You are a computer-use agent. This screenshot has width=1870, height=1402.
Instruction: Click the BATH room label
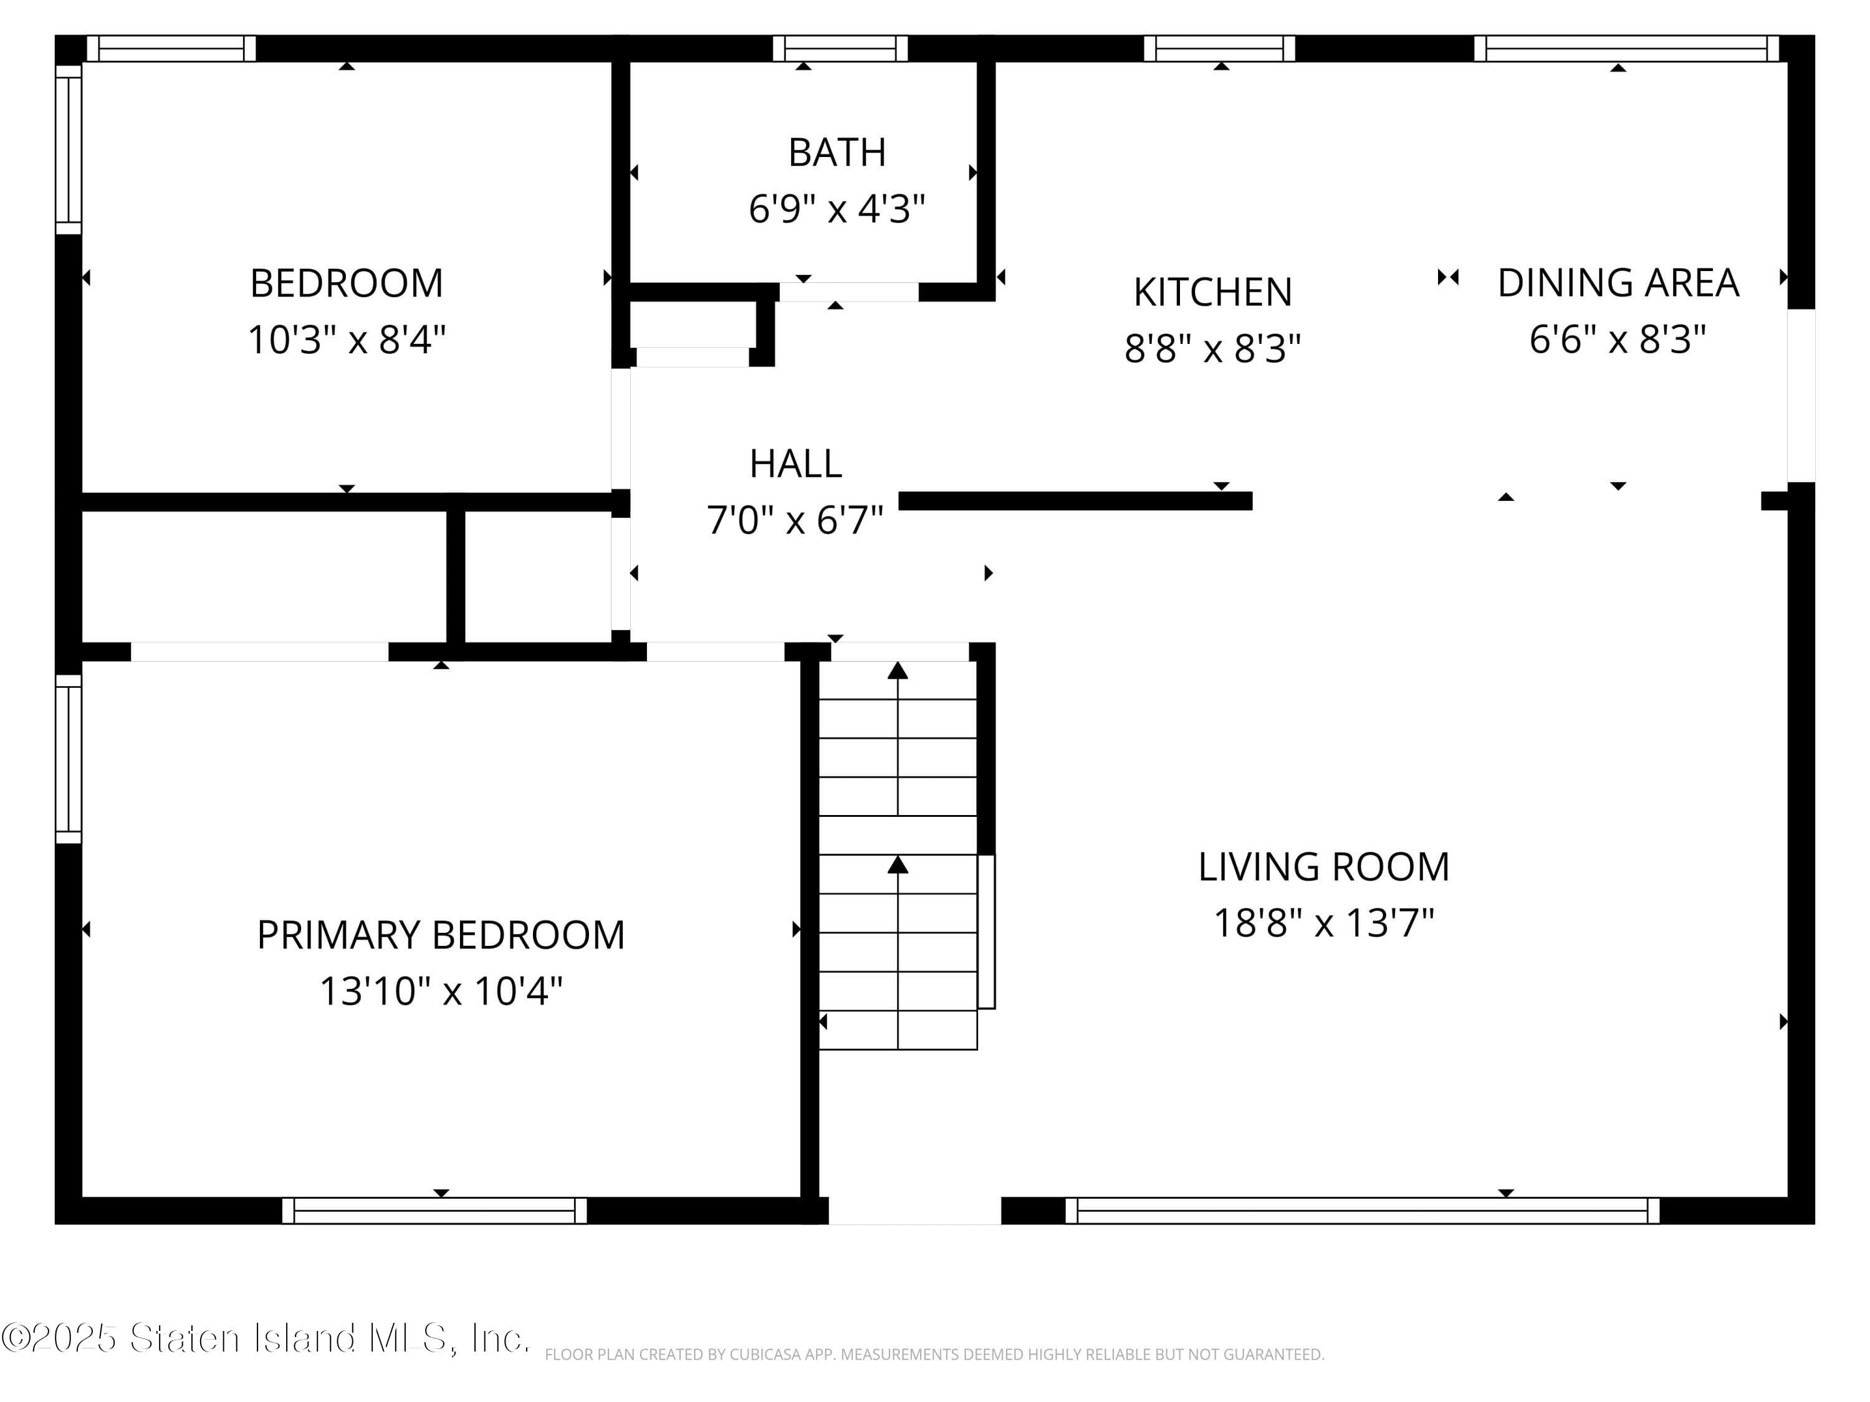click(x=837, y=153)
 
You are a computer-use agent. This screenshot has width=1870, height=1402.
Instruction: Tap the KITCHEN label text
click(x=1212, y=292)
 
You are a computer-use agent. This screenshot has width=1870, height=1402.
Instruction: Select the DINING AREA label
click(x=1618, y=283)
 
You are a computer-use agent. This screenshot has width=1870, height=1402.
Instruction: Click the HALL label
click(x=795, y=463)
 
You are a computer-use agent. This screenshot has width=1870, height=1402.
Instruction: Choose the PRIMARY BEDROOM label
click(x=441, y=935)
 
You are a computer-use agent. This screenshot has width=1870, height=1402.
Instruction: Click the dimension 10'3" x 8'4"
click(x=347, y=340)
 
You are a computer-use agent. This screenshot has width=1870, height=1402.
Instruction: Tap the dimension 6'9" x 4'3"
click(x=837, y=208)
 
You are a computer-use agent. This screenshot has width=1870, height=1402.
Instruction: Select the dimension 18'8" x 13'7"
click(x=1324, y=923)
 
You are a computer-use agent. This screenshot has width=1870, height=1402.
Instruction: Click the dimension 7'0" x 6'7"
click(x=795, y=520)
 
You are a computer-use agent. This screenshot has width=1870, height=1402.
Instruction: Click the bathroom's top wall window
click(x=840, y=48)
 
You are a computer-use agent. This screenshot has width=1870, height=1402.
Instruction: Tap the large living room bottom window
click(x=1362, y=1210)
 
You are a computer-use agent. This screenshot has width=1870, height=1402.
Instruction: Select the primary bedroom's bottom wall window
click(x=434, y=1210)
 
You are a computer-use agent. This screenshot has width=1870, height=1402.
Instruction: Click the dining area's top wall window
click(x=1626, y=48)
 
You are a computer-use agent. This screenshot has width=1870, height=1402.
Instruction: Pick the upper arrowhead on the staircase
click(x=898, y=670)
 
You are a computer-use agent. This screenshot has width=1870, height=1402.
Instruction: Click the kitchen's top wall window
click(x=1220, y=48)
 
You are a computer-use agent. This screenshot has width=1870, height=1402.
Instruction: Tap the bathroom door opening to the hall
click(x=849, y=292)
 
